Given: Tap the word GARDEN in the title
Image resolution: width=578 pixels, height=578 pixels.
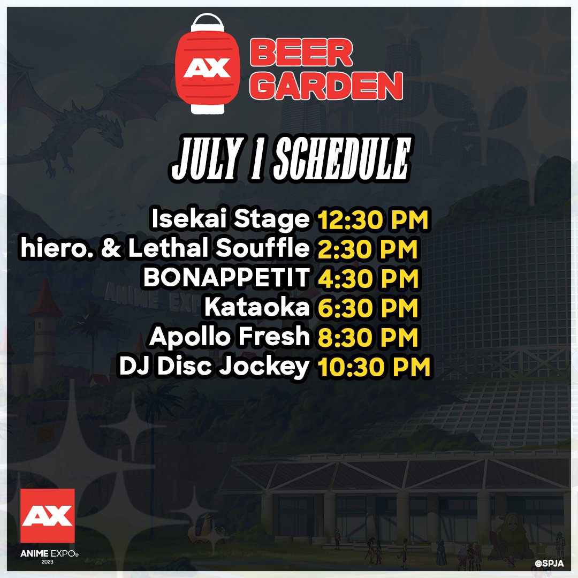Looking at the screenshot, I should pos(325,86).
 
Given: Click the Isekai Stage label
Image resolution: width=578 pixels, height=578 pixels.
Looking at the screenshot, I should pos(231,219).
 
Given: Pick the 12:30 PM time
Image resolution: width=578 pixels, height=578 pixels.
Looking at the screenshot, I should pos(373,220).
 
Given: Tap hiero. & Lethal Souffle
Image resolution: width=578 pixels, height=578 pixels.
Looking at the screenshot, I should pos(165,248).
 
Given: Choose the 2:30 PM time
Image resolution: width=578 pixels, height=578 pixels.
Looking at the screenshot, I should pos(368,249).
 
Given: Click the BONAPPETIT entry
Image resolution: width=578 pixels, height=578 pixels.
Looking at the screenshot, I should pos(226,278).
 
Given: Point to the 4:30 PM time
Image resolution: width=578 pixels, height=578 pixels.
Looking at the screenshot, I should pos(368,279).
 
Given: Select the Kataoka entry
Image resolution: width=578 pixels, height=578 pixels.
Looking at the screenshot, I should pos(257,308).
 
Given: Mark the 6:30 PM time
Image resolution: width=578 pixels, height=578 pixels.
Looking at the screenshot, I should pos(368,308).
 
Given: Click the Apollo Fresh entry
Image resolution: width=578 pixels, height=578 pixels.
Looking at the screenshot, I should pos(230,337).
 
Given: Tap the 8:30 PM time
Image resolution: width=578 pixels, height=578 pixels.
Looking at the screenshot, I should pos(368,338).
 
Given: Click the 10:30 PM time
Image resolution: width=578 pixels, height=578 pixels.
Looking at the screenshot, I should pos(374,368).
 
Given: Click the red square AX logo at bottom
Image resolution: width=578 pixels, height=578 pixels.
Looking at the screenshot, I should pos(47,515).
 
